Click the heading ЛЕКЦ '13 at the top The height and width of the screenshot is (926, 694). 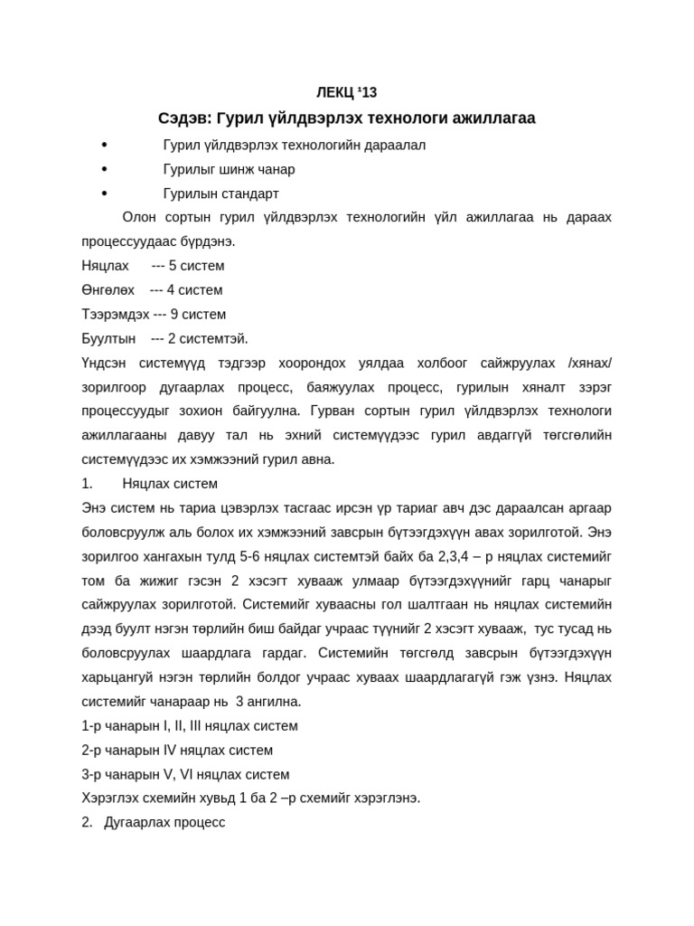(x=346, y=92)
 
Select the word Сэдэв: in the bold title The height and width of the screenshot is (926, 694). (x=185, y=118)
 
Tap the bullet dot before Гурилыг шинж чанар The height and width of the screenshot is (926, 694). (x=105, y=169)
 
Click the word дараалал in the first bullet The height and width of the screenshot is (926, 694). (x=397, y=145)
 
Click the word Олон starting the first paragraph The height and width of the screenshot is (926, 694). (x=140, y=217)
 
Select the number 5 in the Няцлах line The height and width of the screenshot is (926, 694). (x=173, y=266)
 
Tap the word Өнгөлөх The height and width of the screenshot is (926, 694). (x=108, y=290)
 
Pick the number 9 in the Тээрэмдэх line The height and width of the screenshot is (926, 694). (x=174, y=315)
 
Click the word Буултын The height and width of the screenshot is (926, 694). (x=108, y=339)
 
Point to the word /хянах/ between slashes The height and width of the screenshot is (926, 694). (x=589, y=363)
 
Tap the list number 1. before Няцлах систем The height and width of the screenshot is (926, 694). (x=87, y=484)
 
